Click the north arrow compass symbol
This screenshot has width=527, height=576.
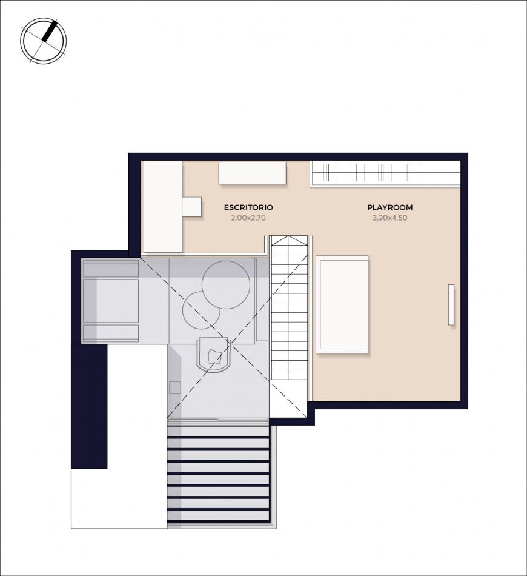(x=43, y=40)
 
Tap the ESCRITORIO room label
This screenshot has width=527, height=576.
(x=248, y=207)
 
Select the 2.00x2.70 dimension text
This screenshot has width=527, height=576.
(x=248, y=218)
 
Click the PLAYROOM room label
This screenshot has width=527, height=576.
(x=389, y=207)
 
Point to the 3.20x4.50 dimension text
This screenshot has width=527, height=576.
(x=389, y=218)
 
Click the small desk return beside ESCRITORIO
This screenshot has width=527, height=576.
(x=192, y=206)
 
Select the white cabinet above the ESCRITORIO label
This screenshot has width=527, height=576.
(x=253, y=173)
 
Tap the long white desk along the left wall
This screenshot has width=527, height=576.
(x=163, y=207)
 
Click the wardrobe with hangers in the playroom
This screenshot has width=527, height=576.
(x=385, y=174)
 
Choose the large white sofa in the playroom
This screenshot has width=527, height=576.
(x=342, y=304)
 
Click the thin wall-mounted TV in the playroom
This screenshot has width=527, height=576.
(x=451, y=304)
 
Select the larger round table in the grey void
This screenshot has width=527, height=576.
(x=226, y=285)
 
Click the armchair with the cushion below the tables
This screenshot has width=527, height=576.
(x=214, y=355)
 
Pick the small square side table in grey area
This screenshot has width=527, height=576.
(x=175, y=387)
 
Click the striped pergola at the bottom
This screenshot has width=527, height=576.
(x=219, y=474)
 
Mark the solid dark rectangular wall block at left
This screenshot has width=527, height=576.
(x=89, y=406)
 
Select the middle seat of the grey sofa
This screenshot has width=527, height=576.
(x=111, y=301)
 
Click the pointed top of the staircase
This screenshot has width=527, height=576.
(x=288, y=236)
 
